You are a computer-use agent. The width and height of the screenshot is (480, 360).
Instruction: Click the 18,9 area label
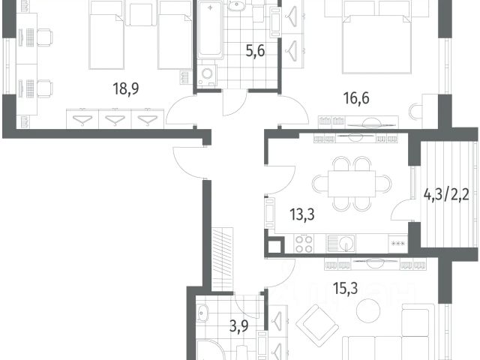click(126, 88)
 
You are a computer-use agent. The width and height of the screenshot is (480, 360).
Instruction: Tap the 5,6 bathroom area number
click(255, 51)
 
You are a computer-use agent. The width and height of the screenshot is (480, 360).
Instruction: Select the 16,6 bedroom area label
click(356, 98)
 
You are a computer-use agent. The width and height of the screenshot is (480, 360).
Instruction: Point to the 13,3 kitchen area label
click(302, 214)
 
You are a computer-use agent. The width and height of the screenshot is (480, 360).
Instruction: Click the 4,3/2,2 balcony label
click(446, 195)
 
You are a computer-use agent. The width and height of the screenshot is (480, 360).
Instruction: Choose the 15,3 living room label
click(346, 288)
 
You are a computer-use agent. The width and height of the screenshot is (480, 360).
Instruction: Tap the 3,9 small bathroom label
click(239, 326)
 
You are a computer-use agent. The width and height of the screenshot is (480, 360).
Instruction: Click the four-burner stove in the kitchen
click(304, 244)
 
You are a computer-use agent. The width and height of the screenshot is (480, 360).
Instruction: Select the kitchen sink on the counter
click(340, 244)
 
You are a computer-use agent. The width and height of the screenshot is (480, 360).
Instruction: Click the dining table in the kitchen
click(352, 184)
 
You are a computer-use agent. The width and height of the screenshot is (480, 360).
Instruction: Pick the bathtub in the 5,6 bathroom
click(210, 30)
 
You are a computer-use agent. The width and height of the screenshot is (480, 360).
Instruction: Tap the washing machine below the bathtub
click(207, 75)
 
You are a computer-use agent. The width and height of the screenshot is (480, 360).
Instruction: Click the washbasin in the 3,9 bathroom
click(202, 313)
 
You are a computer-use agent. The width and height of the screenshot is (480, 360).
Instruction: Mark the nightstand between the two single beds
click(141, 14)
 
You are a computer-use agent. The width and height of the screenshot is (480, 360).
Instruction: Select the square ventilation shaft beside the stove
click(274, 247)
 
